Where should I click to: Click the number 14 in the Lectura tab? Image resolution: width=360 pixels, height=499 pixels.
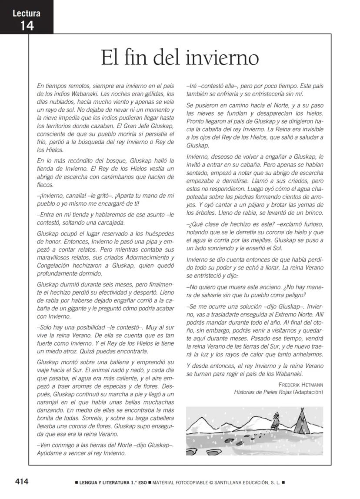pyautogui.click(x=27, y=26)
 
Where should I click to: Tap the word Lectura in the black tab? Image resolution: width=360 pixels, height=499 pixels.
pyautogui.click(x=27, y=13)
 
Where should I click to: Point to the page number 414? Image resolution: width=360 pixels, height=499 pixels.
pyautogui.click(x=22, y=481)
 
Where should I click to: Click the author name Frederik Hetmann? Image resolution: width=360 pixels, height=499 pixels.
pyautogui.click(x=301, y=385)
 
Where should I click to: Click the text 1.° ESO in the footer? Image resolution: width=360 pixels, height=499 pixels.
pyautogui.click(x=136, y=482)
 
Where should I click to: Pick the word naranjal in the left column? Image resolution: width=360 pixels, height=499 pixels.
pyautogui.click(x=50, y=402)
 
